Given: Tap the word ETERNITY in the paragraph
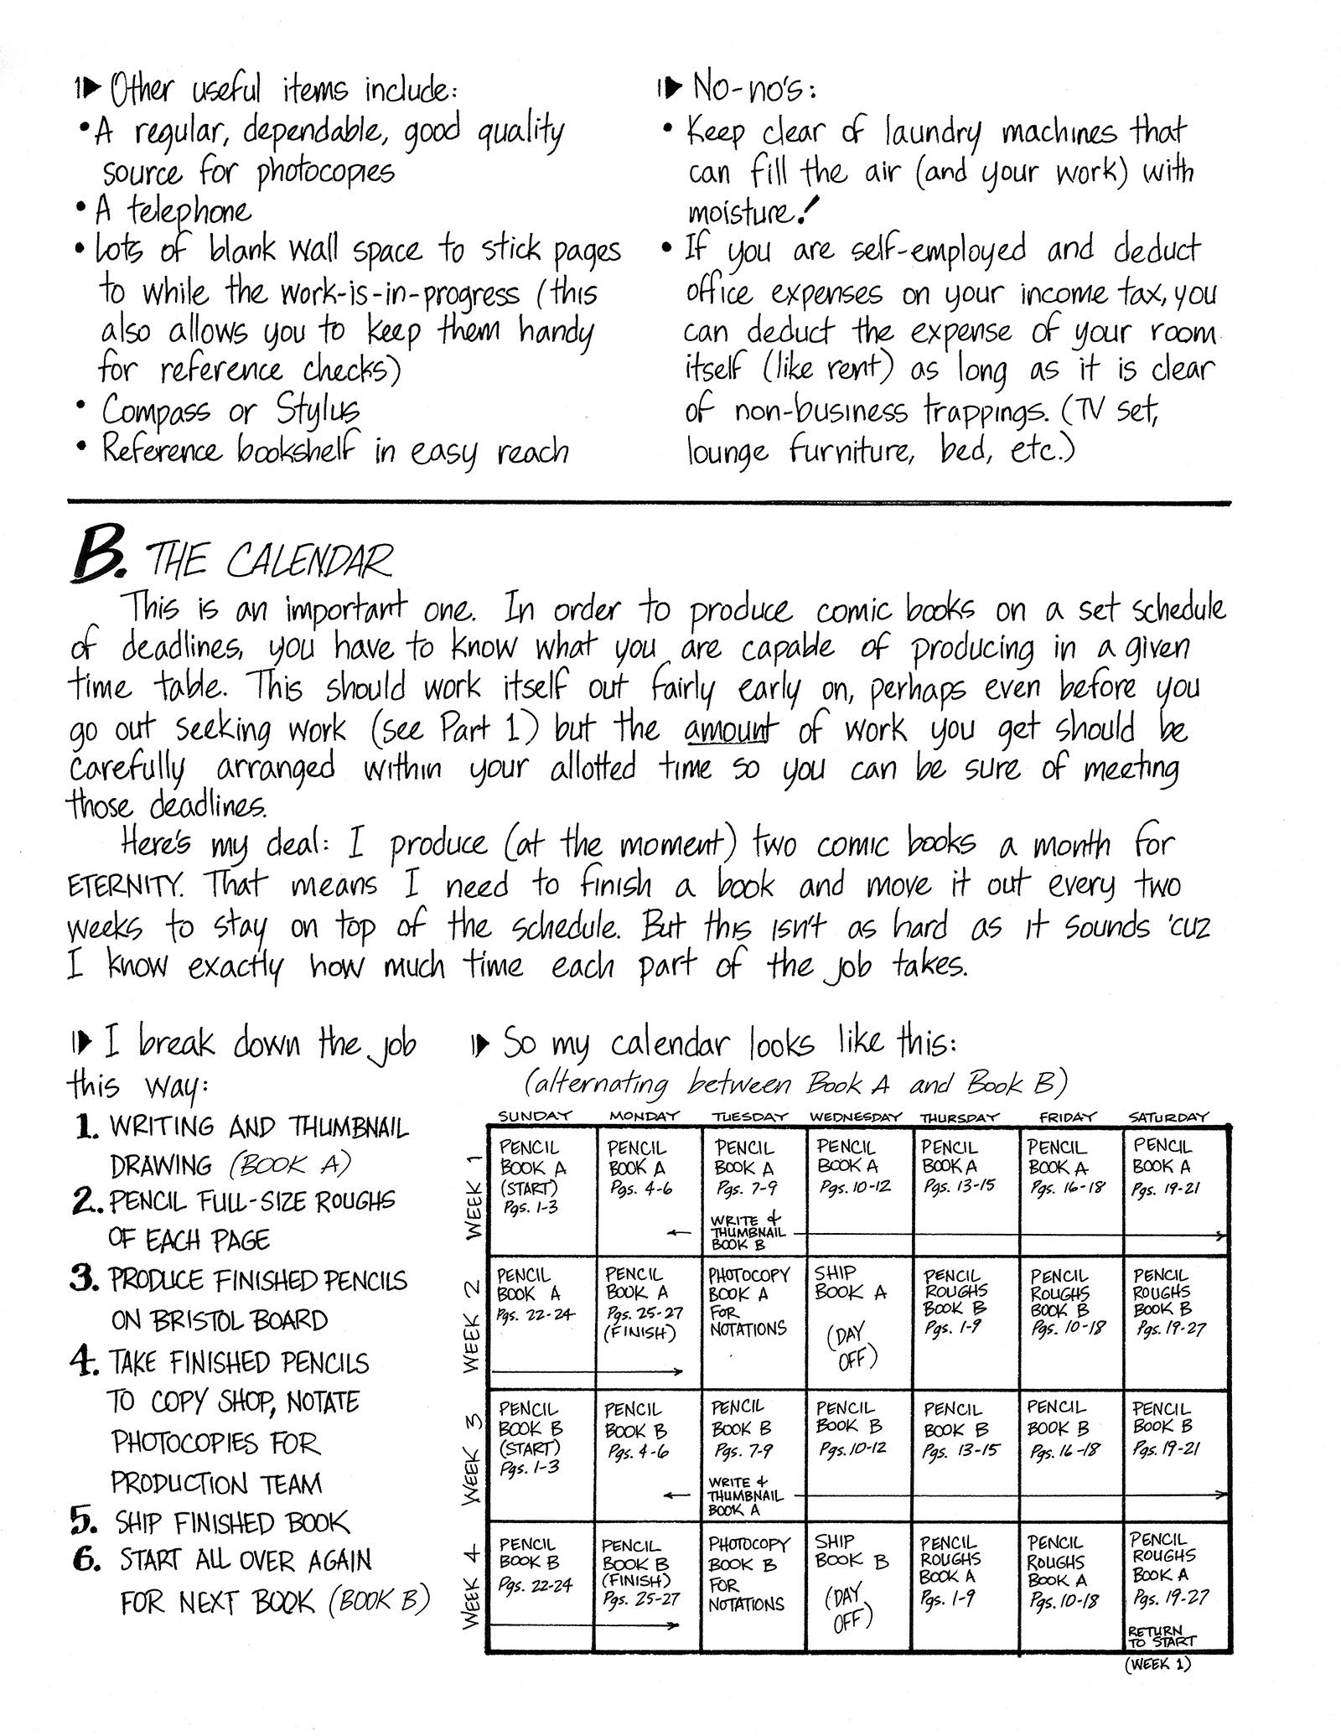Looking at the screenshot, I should point(124,885).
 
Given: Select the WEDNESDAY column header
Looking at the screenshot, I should point(855,1117).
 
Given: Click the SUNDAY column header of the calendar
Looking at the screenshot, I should point(535,1116).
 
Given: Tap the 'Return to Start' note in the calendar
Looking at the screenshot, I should point(1162,1636).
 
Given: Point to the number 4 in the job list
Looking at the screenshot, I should point(85,1361).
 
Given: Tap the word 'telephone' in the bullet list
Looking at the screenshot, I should point(189,210).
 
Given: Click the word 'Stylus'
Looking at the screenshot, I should point(317,411).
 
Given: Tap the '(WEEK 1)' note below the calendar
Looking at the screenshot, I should point(1157,1665).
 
